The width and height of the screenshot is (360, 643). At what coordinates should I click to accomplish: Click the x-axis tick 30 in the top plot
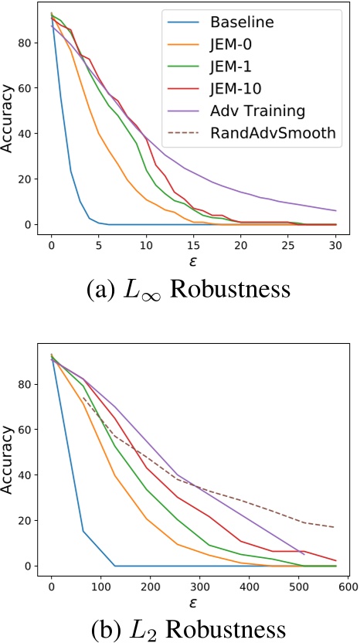click(x=335, y=245)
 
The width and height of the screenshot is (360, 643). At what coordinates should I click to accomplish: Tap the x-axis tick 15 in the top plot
click(x=193, y=245)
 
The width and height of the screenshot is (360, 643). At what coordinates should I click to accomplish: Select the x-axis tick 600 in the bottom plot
click(x=346, y=586)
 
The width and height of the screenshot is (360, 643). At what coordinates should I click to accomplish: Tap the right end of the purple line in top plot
click(x=335, y=210)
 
